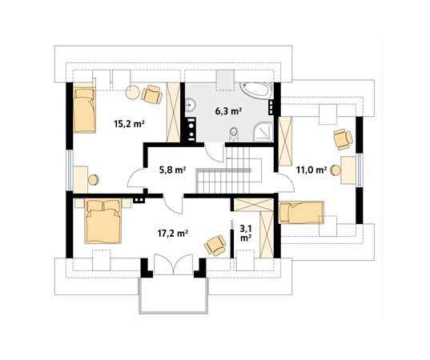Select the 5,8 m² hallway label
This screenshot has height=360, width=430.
point(172,170)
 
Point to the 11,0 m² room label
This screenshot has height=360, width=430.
point(311,170)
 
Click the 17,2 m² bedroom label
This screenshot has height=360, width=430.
point(171,234)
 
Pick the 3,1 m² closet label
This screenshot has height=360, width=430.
point(244,233)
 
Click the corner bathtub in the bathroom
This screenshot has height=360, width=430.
point(256,90)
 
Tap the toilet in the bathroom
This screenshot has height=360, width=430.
point(233,132)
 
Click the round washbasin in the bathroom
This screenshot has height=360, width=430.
point(191,105)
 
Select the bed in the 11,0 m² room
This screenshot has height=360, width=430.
point(302,214)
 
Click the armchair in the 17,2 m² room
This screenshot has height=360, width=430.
point(214,243)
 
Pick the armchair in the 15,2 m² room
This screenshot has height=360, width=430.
point(150,94)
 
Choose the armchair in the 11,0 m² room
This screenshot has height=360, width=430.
point(342,138)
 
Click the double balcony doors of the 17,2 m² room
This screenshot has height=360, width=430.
point(173,265)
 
